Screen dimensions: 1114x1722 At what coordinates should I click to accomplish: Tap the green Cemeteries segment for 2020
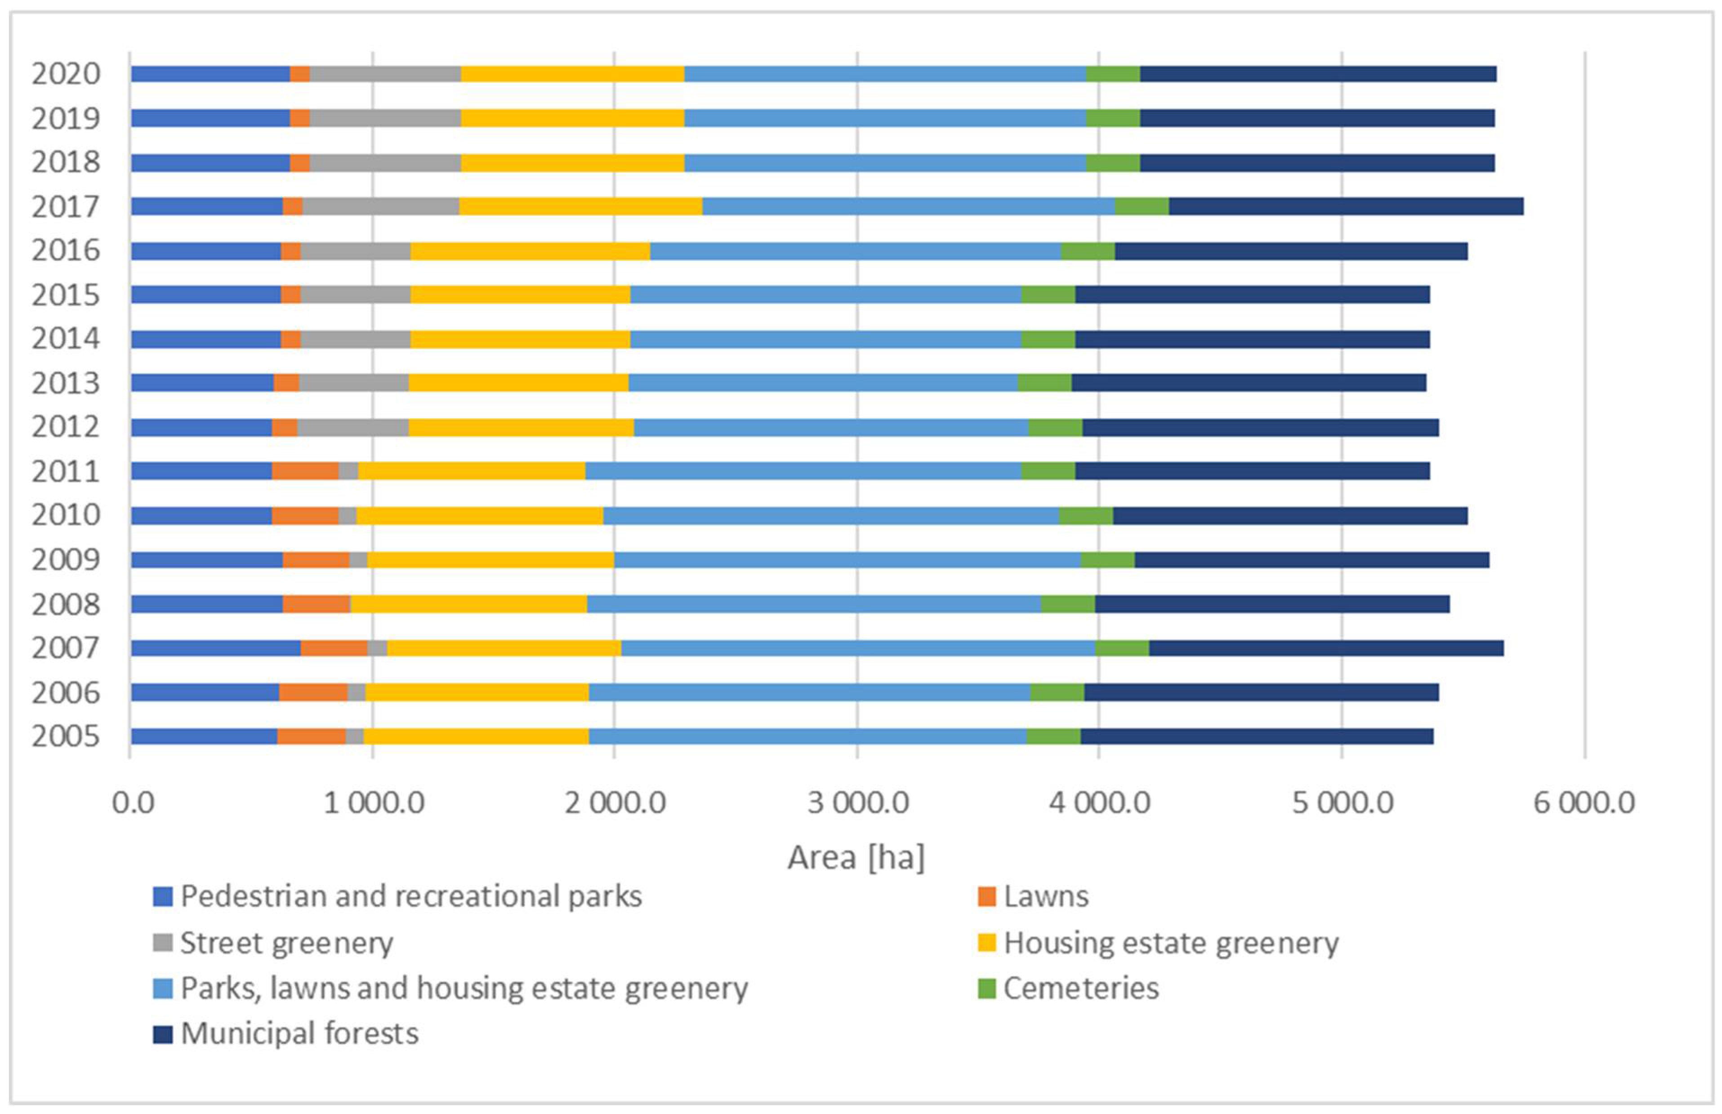click(1112, 74)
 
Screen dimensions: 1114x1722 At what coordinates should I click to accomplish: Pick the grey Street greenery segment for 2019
click(385, 118)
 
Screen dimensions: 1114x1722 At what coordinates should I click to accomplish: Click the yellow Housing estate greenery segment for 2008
click(468, 604)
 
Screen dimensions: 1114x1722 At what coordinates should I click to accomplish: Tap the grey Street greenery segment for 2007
click(377, 648)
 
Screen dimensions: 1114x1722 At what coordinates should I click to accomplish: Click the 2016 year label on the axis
click(66, 251)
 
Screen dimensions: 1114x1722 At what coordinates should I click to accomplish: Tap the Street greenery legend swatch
click(163, 943)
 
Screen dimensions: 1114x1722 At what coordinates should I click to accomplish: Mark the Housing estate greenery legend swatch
click(986, 943)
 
